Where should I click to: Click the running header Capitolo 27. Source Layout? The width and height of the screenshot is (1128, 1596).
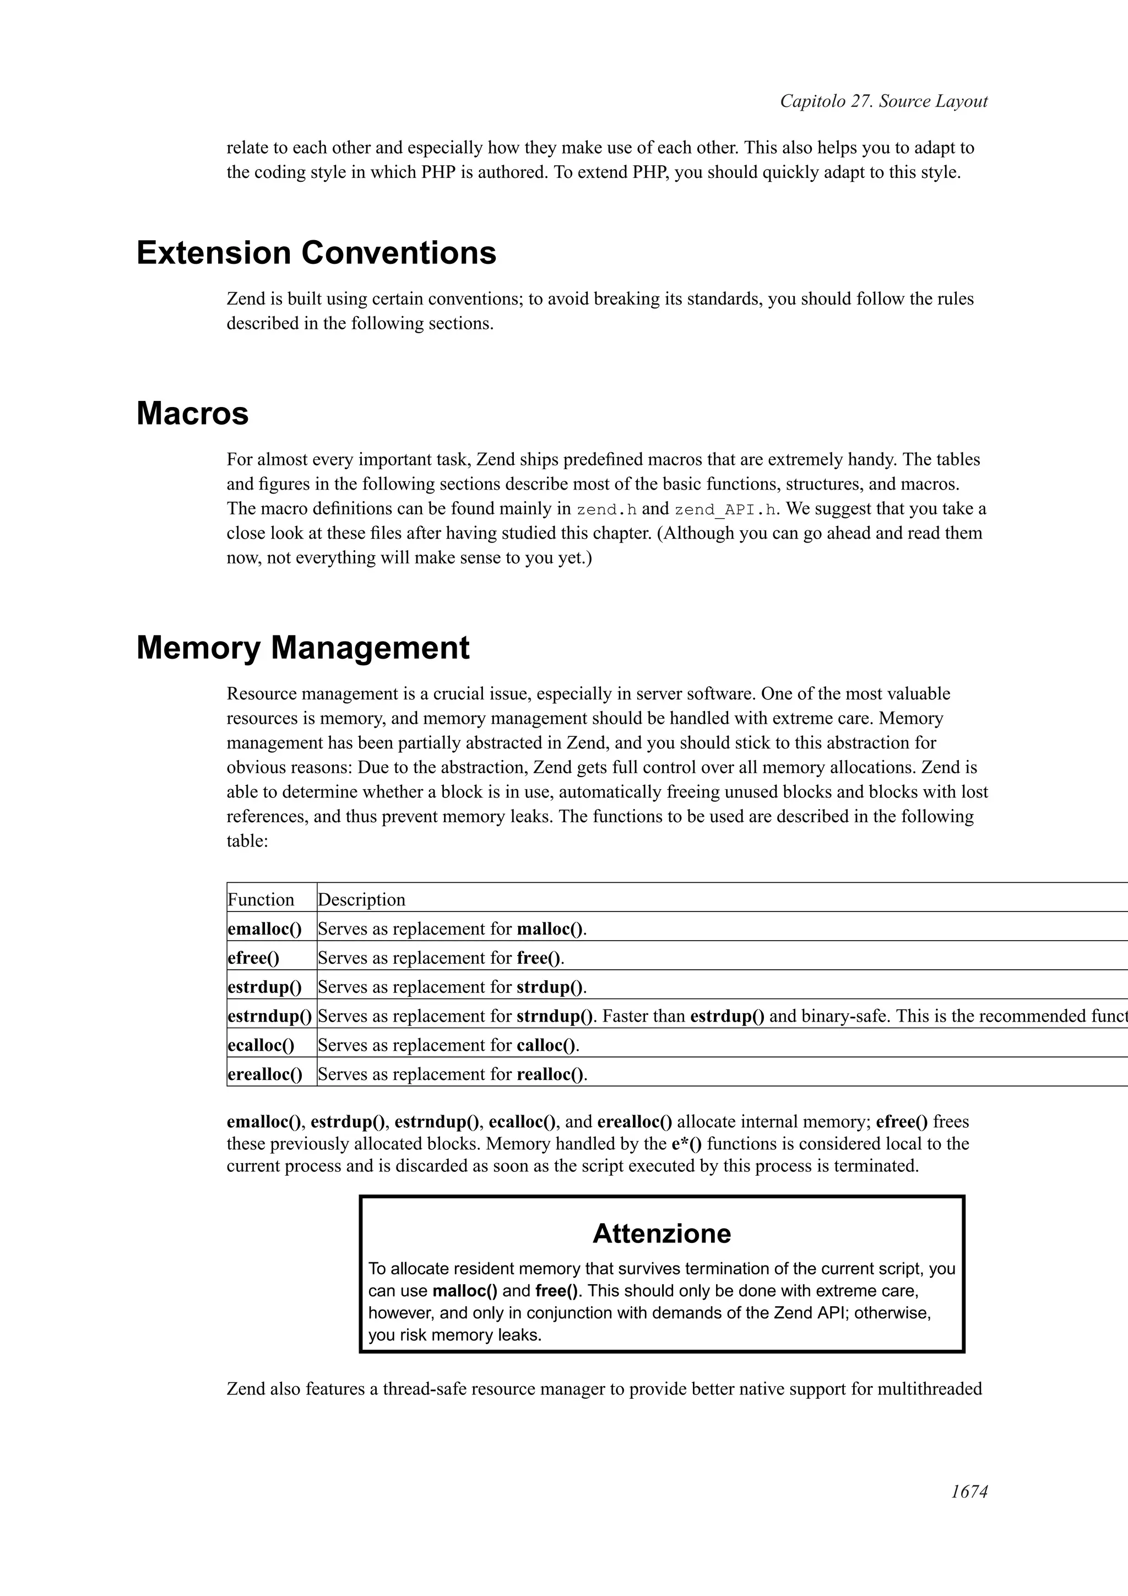coord(883,101)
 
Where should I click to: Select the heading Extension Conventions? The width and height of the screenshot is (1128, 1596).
coord(316,252)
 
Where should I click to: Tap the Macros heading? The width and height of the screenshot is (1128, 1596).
coord(193,414)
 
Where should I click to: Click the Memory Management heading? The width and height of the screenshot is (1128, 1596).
coord(303,648)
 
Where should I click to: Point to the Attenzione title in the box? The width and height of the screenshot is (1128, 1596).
coord(661,1233)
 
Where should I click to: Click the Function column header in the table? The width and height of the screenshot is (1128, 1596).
coord(261,899)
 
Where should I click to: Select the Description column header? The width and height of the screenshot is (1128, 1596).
coord(361,899)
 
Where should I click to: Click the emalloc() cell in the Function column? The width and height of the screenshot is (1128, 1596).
coord(265,929)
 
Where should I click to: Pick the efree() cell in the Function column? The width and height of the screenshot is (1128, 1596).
coord(254,958)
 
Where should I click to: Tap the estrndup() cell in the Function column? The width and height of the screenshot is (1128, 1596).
coord(270,1016)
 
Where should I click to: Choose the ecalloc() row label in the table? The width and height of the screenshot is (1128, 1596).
coord(261,1045)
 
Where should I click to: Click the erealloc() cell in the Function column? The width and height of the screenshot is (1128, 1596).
coord(265,1074)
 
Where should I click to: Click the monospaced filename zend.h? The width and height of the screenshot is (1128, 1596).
coord(607,509)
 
